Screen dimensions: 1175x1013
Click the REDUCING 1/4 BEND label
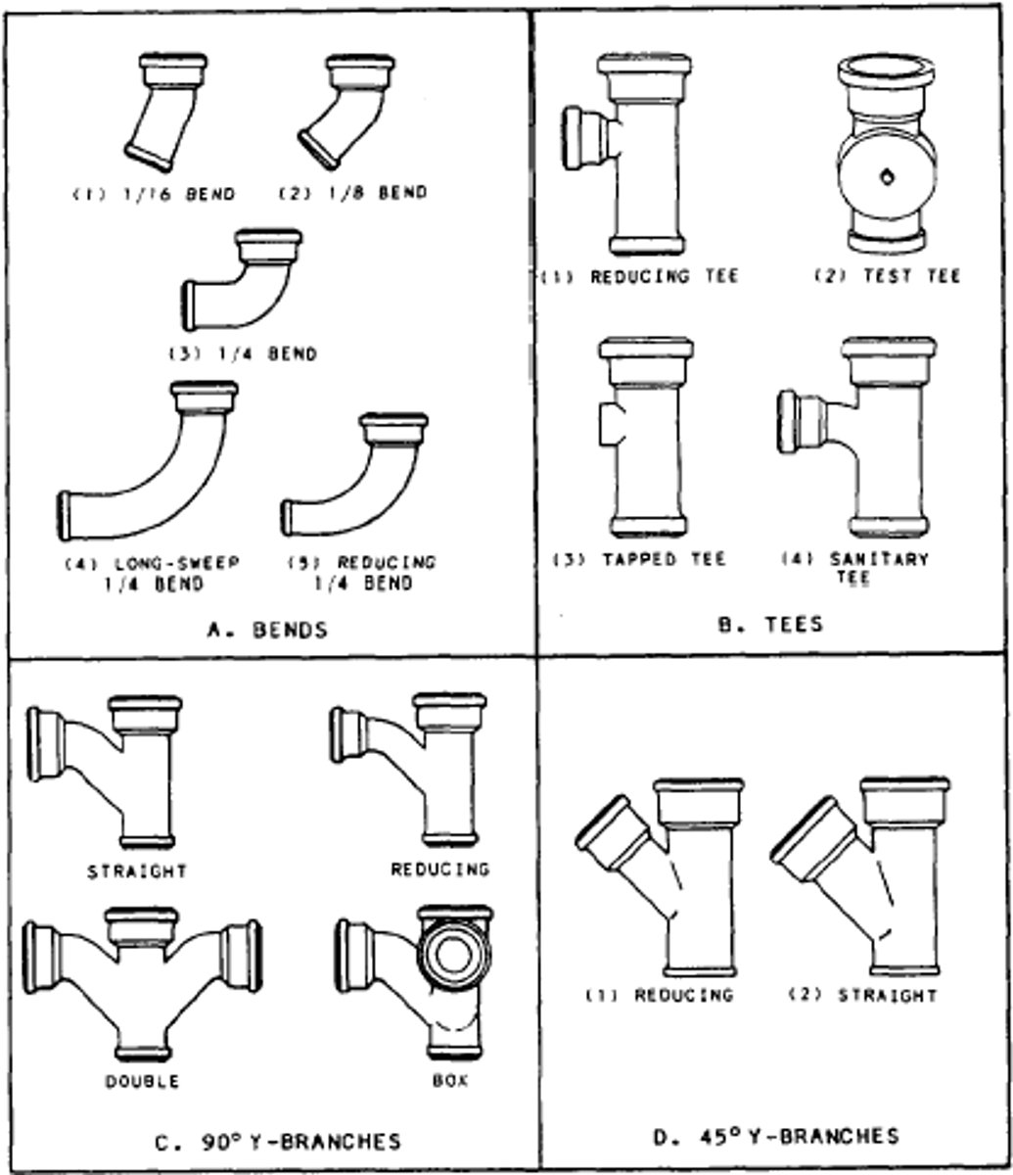(362, 573)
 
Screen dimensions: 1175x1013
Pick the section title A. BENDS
(267, 631)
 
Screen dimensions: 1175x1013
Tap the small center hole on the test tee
(887, 177)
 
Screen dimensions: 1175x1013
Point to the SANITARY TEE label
(853, 568)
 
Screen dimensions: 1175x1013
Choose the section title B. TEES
(769, 623)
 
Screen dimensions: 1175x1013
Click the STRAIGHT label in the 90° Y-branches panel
(137, 869)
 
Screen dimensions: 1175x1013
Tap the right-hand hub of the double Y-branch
(242, 956)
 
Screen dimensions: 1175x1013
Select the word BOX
(450, 1082)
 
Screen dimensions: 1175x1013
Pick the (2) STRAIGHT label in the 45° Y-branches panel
(863, 996)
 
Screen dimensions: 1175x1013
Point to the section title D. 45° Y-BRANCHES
(775, 1136)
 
